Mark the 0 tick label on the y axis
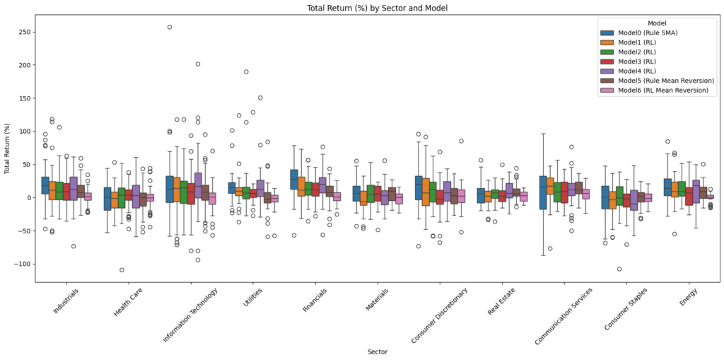tap(29, 197)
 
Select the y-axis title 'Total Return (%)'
tap(7, 150)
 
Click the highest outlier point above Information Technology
tap(170, 27)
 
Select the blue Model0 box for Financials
tap(293, 179)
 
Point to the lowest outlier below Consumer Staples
tap(619, 269)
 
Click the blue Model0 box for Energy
tap(668, 187)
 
